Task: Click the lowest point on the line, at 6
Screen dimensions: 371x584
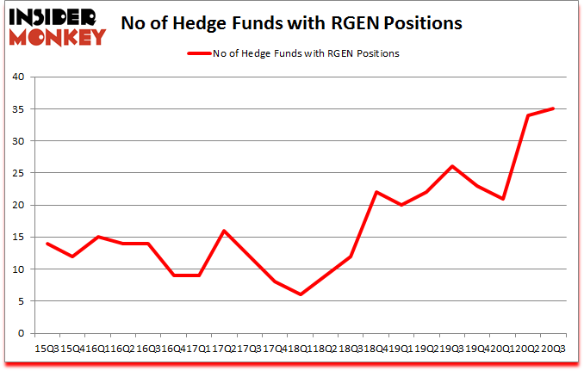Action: pos(300,294)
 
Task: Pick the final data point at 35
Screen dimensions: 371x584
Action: pos(553,108)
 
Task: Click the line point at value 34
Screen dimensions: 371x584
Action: pos(528,115)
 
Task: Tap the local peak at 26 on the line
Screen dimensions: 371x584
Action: pos(451,166)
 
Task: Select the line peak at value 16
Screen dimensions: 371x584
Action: pos(224,231)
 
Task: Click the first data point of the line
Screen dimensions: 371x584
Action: pos(47,244)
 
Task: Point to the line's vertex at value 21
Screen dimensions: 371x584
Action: pos(502,199)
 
